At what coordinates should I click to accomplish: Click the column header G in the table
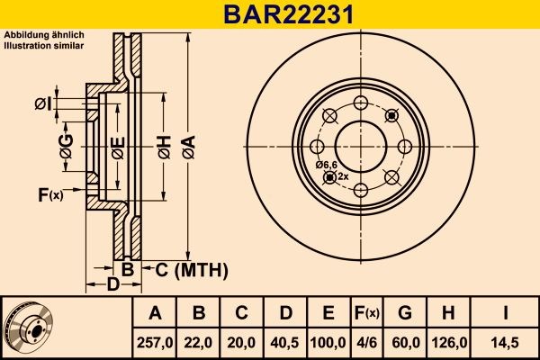[x=405, y=313]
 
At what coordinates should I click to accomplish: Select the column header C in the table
[x=242, y=313]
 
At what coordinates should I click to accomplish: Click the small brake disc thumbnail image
[x=33, y=327]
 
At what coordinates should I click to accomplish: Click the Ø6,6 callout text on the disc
[x=326, y=164]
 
